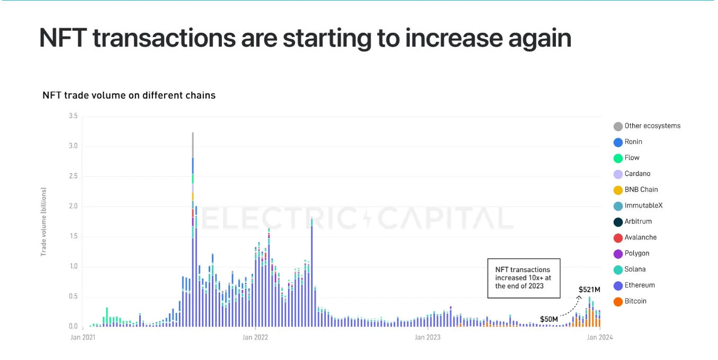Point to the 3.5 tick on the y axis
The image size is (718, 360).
point(73,116)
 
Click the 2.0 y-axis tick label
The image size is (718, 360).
point(73,206)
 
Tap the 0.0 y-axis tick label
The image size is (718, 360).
point(73,327)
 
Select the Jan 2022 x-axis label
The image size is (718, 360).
point(255,337)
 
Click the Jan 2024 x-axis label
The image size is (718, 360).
point(599,337)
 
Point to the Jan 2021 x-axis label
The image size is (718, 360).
point(83,337)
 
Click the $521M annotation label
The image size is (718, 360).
point(589,290)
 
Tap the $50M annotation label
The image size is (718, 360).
point(549,319)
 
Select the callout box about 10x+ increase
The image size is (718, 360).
point(523,278)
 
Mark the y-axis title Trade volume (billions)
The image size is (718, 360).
point(44,222)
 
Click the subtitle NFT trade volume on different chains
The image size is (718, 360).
point(129,96)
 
